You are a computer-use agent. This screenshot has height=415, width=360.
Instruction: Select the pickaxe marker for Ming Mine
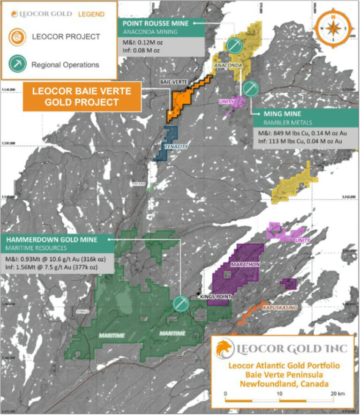[249, 88]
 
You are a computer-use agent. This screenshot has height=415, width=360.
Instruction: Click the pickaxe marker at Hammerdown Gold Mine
[180, 303]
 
